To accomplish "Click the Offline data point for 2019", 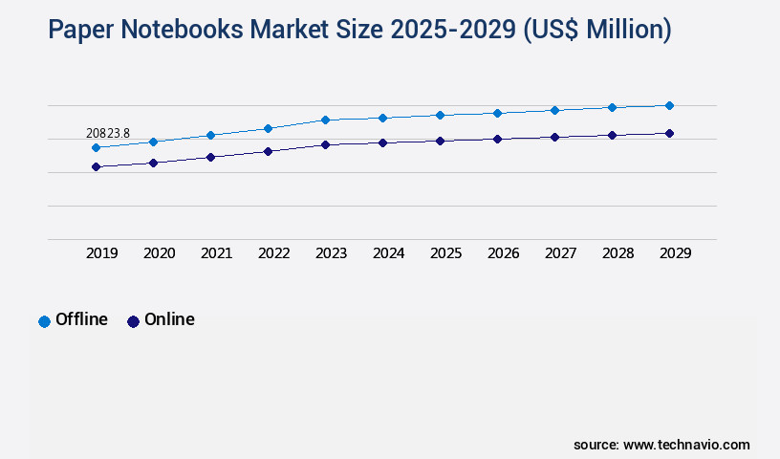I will pyautogui.click(x=96, y=147).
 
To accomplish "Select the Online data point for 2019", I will pyautogui.click(x=96, y=166).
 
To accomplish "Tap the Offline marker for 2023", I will pyautogui.click(x=325, y=120).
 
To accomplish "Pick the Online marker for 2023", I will pyautogui.click(x=325, y=144).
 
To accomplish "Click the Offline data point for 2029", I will pyautogui.click(x=669, y=105).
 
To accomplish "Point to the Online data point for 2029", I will pyautogui.click(x=669, y=133).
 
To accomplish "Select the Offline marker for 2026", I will pyautogui.click(x=497, y=113).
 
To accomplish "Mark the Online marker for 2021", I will pyautogui.click(x=210, y=157).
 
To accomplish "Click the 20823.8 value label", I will pyautogui.click(x=108, y=133).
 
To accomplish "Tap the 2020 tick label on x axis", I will pyautogui.click(x=159, y=253).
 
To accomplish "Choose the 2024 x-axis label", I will pyautogui.click(x=388, y=253).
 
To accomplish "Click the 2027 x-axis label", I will pyautogui.click(x=560, y=253).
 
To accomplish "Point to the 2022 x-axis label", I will pyautogui.click(x=273, y=253).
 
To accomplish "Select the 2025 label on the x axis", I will pyautogui.click(x=445, y=253).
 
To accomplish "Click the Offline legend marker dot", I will pyautogui.click(x=44, y=321).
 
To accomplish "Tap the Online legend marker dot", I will pyautogui.click(x=133, y=321).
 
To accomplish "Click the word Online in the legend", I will pyautogui.click(x=169, y=319).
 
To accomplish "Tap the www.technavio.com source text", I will pyautogui.click(x=686, y=445).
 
